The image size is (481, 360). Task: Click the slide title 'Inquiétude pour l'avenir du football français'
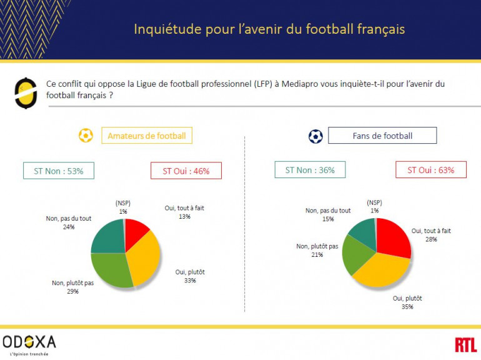click(269, 29)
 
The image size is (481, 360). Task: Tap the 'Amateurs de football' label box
click(146, 136)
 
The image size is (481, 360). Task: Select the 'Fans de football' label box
click(382, 136)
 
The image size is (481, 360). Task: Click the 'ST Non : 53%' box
click(58, 171)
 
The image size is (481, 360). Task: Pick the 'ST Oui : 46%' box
click(186, 171)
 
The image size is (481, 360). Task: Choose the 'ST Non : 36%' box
click(310, 170)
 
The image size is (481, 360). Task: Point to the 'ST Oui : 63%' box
click(430, 170)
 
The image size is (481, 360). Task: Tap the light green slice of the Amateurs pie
click(111, 270)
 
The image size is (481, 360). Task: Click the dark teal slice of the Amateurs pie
click(108, 237)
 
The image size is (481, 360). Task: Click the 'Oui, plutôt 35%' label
click(407, 302)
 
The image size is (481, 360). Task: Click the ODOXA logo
click(29, 343)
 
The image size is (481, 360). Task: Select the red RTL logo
click(465, 344)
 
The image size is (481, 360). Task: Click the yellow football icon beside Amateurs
click(86, 136)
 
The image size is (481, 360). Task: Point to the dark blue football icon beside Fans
click(315, 136)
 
